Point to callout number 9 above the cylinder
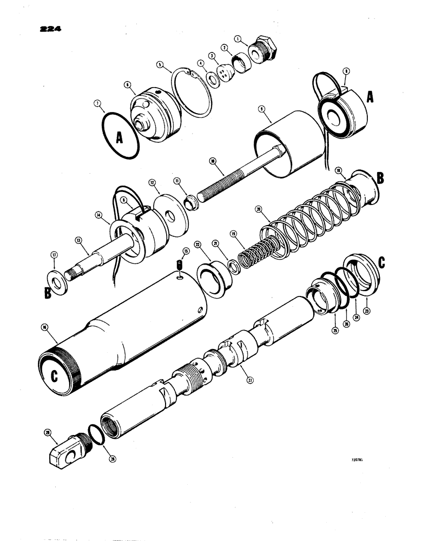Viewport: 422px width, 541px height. (x=261, y=109)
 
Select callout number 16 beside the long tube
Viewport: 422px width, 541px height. (x=44, y=327)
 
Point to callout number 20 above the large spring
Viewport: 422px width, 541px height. (x=258, y=209)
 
